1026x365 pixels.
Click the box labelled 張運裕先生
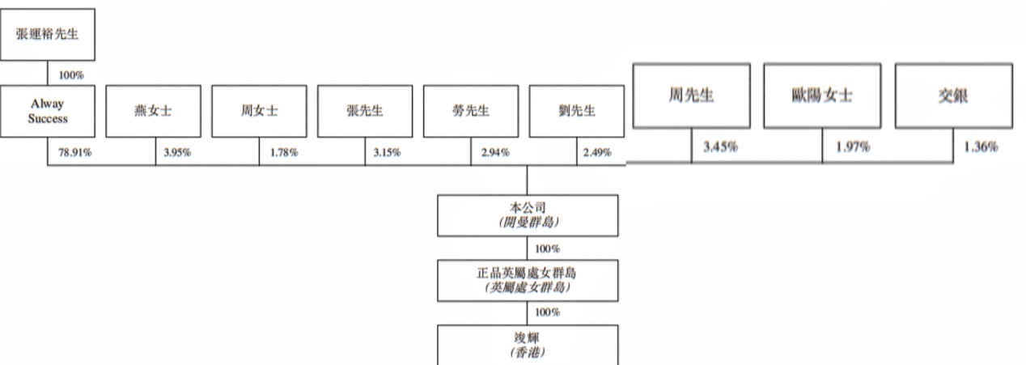48,34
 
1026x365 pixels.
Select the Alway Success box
48,111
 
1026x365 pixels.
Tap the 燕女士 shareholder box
154,111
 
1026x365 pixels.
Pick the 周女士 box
259,111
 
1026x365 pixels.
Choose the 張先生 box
365,111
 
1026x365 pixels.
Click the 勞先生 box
471,111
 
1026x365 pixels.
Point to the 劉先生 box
577,111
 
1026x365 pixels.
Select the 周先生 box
692,95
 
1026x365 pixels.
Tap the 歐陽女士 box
822,95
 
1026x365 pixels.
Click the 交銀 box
954,95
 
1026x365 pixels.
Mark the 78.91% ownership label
75,152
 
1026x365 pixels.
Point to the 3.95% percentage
177,152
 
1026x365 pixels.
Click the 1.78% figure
284,152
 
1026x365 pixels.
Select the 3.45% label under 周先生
720,146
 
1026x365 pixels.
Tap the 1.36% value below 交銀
981,146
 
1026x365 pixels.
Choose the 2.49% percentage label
597,152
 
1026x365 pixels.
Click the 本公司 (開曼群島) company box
528,216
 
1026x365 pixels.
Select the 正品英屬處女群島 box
528,281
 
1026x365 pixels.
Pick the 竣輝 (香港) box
528,345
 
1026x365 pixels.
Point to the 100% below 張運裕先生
71,75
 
